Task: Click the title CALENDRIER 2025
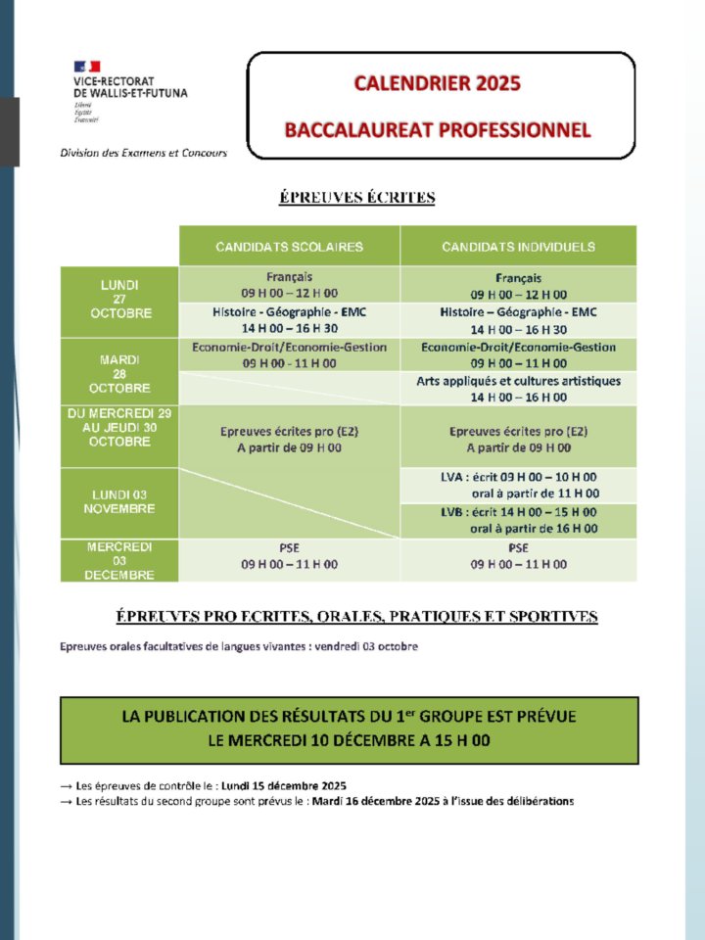(437, 83)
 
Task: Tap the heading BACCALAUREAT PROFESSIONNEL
(437, 129)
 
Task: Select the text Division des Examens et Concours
(143, 153)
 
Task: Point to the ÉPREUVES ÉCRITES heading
(357, 198)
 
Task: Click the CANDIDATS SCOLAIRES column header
(289, 247)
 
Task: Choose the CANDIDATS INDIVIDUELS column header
(518, 247)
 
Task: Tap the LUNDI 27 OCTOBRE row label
(119, 300)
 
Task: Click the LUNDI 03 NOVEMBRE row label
(119, 501)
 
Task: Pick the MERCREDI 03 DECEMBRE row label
(119, 560)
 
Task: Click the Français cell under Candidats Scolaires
(289, 285)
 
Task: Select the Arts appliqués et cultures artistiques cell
(518, 389)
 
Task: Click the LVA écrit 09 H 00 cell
(518, 485)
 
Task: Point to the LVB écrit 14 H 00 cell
(518, 520)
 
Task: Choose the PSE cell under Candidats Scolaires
(289, 556)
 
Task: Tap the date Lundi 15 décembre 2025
(284, 786)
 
